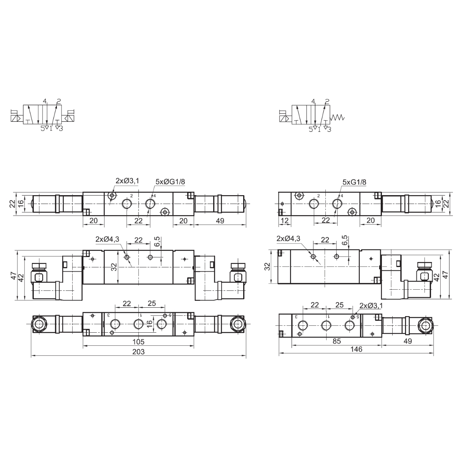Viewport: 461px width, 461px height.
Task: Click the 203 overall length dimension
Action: [138, 352]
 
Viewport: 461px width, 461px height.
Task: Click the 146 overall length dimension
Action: [356, 349]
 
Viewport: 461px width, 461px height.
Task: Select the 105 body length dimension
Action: [138, 342]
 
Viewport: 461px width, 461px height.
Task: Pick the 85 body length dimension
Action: [337, 341]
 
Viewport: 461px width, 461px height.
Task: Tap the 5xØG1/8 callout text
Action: [170, 182]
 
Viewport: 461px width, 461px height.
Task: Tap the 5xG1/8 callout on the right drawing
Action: [354, 182]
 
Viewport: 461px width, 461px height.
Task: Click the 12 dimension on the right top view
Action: [284, 221]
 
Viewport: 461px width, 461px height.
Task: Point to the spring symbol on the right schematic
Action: [337, 117]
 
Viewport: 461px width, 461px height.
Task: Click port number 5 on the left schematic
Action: [43, 129]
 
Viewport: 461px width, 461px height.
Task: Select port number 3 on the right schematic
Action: [329, 129]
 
